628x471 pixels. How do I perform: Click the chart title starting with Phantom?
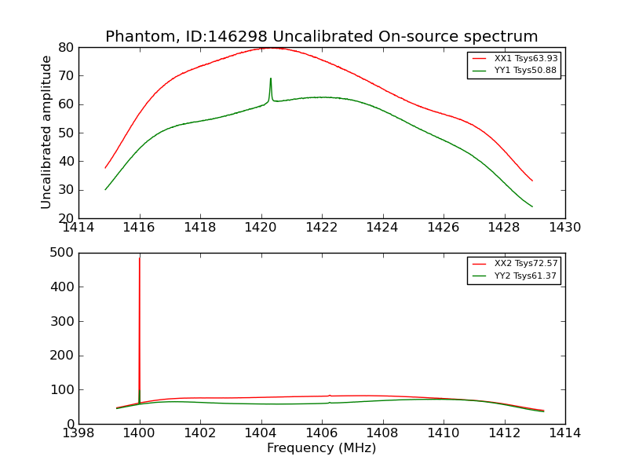coord(321,37)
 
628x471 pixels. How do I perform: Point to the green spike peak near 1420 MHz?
coord(271,78)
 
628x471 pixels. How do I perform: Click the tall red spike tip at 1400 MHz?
coord(140,258)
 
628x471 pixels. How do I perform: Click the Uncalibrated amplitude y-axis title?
coord(46,132)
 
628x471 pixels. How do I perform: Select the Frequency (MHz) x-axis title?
coord(321,448)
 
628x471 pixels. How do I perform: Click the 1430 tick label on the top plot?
coord(564,228)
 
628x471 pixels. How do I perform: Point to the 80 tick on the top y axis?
coord(66,48)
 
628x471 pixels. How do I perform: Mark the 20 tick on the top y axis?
coord(66,218)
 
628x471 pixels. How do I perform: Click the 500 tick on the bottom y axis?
coord(62,253)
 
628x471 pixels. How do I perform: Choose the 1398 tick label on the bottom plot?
coord(78,433)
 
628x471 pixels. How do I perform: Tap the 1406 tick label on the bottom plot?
coord(321,433)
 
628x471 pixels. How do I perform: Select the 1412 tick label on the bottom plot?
coord(504,433)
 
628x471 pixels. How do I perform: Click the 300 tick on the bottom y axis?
coord(62,321)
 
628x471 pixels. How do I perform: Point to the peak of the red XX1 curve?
coord(270,48)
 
